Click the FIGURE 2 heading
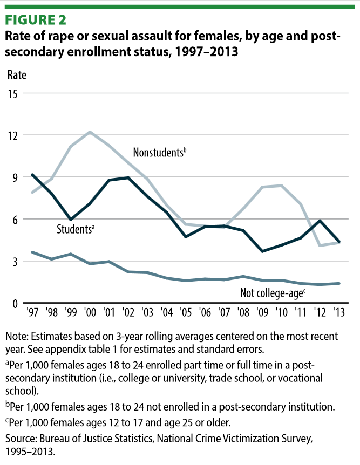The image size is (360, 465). point(36,20)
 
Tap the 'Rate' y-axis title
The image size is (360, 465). point(16,74)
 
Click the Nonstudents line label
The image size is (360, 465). point(159,153)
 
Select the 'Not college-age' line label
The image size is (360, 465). point(273,293)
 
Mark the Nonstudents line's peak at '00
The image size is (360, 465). point(90,132)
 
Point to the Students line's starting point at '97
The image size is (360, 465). point(33,175)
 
